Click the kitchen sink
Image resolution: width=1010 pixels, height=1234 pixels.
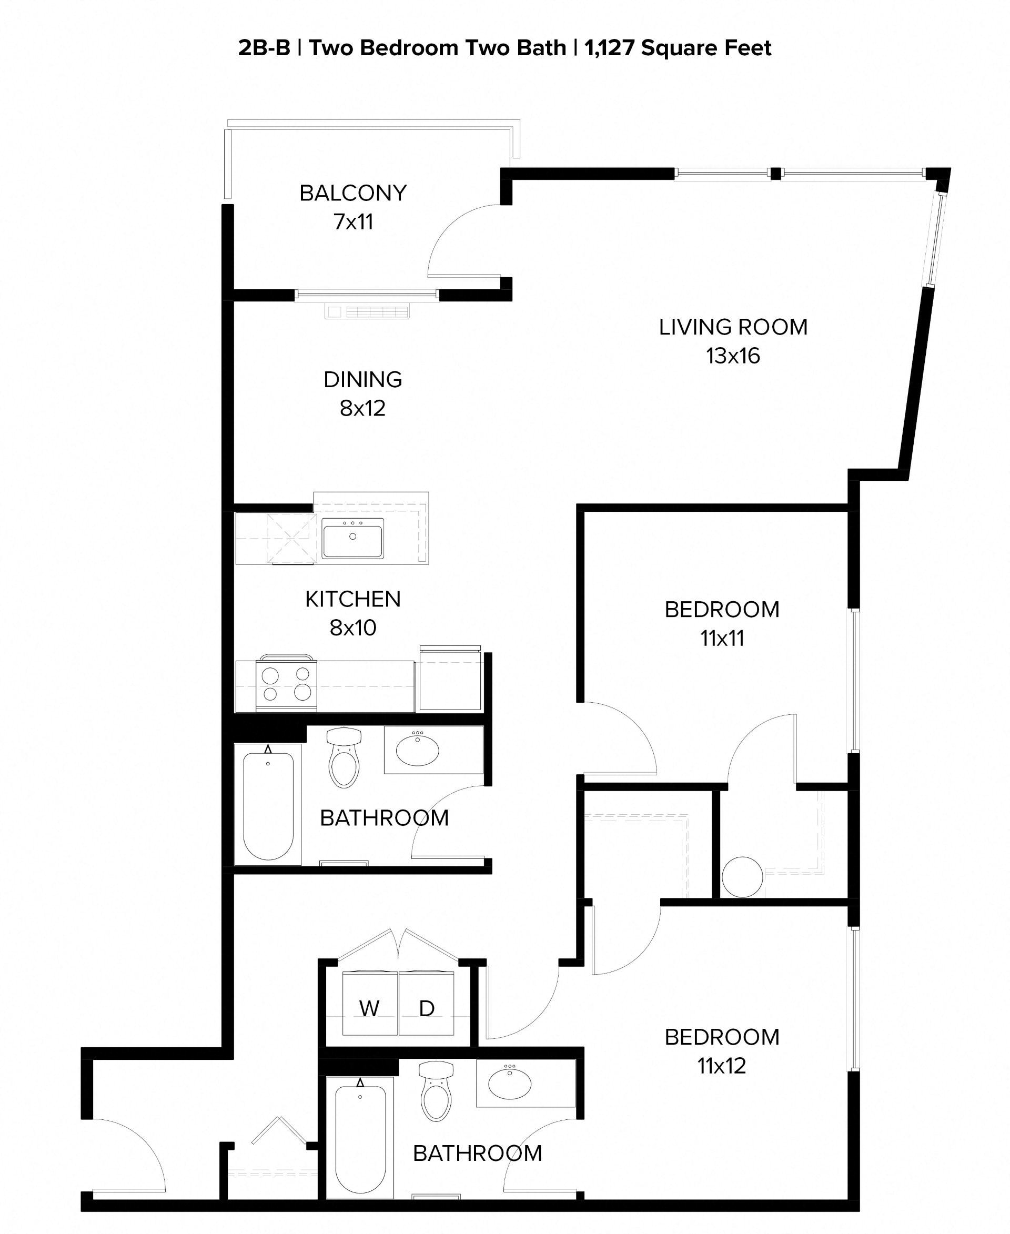point(352,538)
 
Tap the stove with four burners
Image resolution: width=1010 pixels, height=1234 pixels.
point(286,684)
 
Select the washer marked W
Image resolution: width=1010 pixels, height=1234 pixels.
point(370,1008)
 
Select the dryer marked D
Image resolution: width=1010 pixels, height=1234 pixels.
point(427,1008)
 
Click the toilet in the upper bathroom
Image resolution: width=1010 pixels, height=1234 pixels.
point(344,758)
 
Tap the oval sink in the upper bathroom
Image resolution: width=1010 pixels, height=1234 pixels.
point(417,751)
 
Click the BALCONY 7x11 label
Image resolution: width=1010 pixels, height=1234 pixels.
point(353,207)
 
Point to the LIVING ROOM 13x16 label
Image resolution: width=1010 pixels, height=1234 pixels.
point(733,341)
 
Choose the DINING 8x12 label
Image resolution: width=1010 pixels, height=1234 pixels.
point(363,393)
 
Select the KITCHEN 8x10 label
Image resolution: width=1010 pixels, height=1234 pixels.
point(353,613)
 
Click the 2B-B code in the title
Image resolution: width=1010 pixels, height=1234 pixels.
point(264,48)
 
